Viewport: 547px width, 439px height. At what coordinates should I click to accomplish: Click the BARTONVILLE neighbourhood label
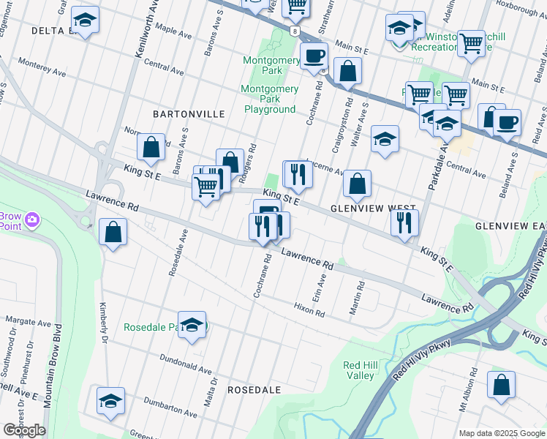point(178,114)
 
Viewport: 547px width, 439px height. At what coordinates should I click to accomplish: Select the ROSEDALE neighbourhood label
point(254,390)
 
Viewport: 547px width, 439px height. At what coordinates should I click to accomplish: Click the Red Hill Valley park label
point(359,370)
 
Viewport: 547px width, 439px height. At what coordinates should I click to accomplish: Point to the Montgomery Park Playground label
point(270,99)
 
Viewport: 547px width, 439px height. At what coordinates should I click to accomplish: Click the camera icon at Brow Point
point(32,219)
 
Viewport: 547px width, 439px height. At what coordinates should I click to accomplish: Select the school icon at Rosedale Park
point(192,326)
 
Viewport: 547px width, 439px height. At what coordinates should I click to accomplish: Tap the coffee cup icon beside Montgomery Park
point(314,56)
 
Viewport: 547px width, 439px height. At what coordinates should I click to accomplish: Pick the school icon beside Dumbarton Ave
point(110,401)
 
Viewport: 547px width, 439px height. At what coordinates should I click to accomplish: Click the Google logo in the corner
point(24,430)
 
